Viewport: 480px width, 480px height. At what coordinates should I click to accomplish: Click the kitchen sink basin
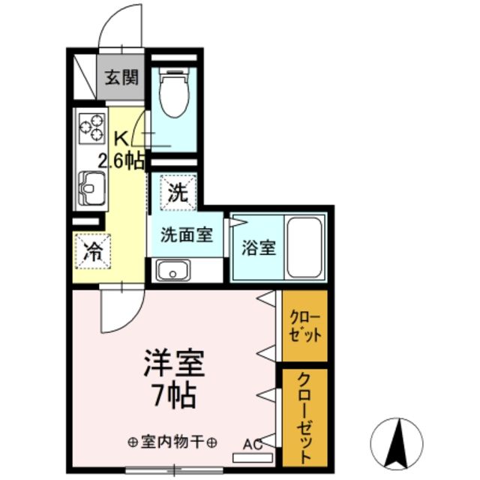92,184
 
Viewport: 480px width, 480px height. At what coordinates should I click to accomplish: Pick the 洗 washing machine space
176,193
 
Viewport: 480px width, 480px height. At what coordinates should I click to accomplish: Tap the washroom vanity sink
173,269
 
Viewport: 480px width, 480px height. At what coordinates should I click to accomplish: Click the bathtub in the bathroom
304,247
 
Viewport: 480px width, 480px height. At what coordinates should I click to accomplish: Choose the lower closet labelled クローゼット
305,416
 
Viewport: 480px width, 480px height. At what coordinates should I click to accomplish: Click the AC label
252,443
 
